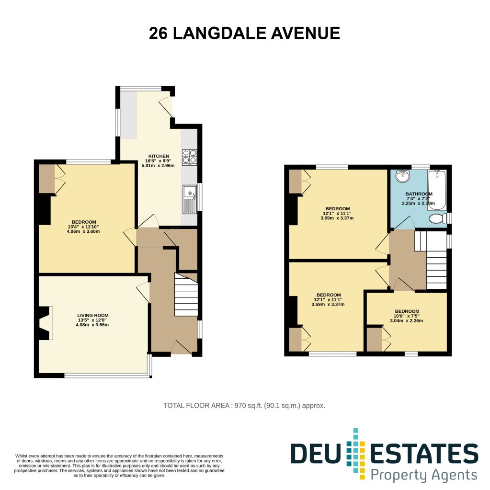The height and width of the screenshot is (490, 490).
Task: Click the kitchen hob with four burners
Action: pyautogui.click(x=189, y=157)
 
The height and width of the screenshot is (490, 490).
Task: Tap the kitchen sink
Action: pyautogui.click(x=190, y=198)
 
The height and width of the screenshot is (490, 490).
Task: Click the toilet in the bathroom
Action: pyautogui.click(x=437, y=218)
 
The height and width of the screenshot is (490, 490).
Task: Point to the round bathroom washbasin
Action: pyautogui.click(x=403, y=176)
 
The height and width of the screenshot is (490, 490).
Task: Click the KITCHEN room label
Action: pyautogui.click(x=158, y=156)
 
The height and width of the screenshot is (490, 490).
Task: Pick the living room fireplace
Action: pyautogui.click(x=46, y=323)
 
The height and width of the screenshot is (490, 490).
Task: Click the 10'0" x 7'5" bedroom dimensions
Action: pyautogui.click(x=407, y=316)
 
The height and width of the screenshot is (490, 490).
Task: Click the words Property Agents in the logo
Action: pyautogui.click(x=424, y=475)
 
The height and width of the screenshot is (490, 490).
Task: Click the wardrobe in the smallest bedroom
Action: pyautogui.click(x=375, y=339)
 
